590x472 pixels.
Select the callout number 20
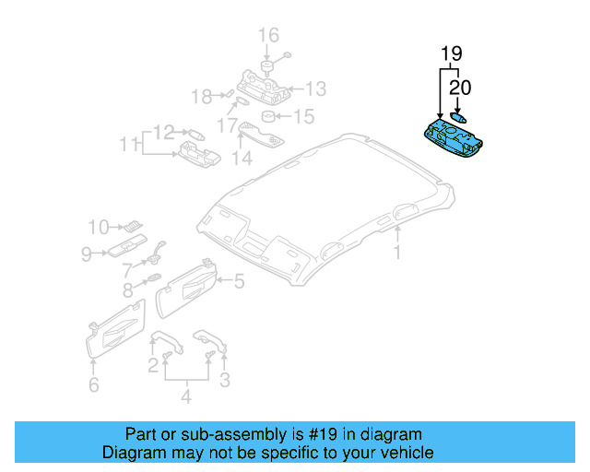[459, 88]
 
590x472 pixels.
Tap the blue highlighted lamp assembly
[451, 135]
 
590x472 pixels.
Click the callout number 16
[267, 36]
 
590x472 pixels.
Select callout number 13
[316, 89]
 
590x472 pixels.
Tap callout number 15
[303, 117]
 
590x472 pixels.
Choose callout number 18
[201, 95]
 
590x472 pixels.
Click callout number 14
[242, 159]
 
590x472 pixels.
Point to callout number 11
[125, 144]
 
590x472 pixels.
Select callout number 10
[99, 226]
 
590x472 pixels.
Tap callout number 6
[93, 385]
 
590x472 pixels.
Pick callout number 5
[238, 282]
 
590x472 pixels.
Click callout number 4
[187, 397]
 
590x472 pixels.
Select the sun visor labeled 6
[114, 330]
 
